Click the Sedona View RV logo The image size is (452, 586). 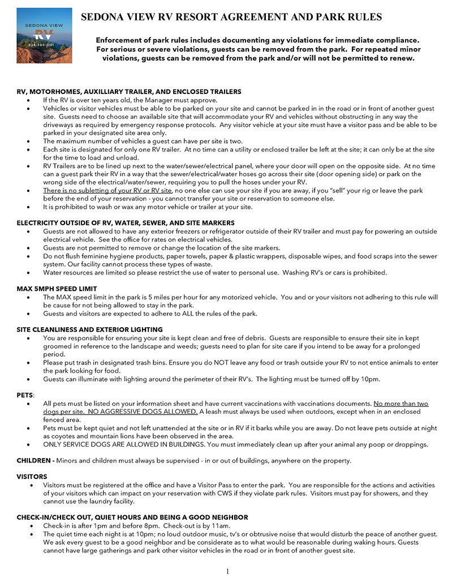(x=45, y=35)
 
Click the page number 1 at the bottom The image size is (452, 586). (x=227, y=571)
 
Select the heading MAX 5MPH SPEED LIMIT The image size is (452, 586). (x=57, y=289)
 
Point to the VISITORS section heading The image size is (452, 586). (x=32, y=477)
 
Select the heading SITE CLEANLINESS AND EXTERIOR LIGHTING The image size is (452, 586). (x=90, y=329)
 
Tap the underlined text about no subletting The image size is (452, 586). (x=100, y=191)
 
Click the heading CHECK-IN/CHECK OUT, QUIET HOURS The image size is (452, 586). (x=132, y=517)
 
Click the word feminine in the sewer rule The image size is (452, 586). (x=93, y=256)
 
